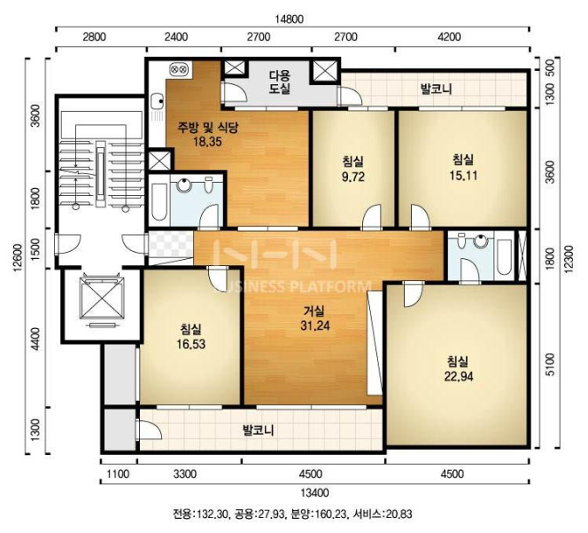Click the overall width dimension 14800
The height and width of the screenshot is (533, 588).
pos(289,19)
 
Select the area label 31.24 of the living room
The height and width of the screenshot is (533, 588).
pos(315,325)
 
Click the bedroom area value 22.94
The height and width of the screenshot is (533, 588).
pos(459,376)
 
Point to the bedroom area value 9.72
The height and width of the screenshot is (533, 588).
pos(352,176)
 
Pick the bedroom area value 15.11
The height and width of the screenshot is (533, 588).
pos(463,175)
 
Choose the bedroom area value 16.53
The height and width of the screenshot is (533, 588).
pos(191,344)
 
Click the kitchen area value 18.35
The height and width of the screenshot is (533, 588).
pos(207,142)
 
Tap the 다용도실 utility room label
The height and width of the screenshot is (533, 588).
pos(280,82)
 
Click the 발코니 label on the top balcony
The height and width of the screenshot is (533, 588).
pos(436,89)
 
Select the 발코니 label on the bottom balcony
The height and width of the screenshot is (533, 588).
pos(258,430)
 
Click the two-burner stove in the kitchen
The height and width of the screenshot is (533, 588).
pos(177,69)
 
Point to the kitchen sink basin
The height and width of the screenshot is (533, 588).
pos(158,100)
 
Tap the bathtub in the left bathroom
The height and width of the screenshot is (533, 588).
pos(159,202)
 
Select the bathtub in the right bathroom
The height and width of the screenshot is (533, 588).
pos(504,257)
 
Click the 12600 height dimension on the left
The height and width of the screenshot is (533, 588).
pos(18,258)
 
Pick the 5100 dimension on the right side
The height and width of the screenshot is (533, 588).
pos(549,364)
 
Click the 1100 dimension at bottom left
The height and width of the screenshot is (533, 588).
pos(118,474)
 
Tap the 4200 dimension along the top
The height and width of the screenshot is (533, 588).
pos(449,37)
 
